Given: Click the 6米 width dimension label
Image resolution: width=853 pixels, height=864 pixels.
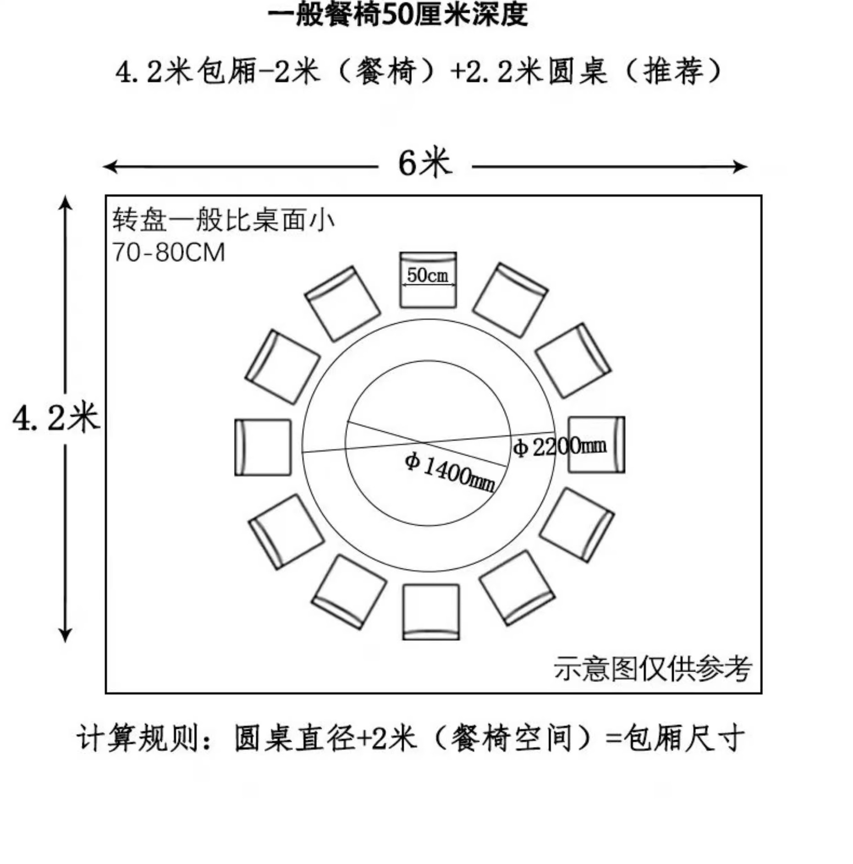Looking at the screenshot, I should click(424, 163).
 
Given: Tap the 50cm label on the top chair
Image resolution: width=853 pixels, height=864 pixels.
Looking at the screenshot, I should click(428, 275).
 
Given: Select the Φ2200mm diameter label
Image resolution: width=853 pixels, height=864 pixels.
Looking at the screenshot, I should click(560, 446).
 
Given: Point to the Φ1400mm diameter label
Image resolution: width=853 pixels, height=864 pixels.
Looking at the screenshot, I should click(450, 473).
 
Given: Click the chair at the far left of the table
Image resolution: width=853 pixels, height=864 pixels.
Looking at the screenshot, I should click(263, 447).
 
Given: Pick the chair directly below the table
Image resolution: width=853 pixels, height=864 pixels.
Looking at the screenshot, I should click(431, 612).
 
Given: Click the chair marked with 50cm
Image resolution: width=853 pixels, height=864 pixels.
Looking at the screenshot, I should click(428, 280).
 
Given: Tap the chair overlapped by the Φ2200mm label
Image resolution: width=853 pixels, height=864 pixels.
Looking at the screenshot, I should click(596, 445).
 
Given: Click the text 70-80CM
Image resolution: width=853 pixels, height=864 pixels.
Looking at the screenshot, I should click(168, 252).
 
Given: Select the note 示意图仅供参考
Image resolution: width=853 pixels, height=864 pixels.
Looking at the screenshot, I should click(652, 669).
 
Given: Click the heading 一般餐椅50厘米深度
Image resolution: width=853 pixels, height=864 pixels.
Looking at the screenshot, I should click(397, 14).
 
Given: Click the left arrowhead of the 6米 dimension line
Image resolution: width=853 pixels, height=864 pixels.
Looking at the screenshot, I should click(108, 166).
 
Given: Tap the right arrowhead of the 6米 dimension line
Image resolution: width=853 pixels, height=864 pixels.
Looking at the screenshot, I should click(742, 166).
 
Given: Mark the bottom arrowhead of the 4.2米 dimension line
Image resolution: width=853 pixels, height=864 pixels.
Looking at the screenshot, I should click(66, 636).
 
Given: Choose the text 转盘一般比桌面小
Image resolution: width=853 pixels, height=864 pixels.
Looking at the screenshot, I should click(223, 220).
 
